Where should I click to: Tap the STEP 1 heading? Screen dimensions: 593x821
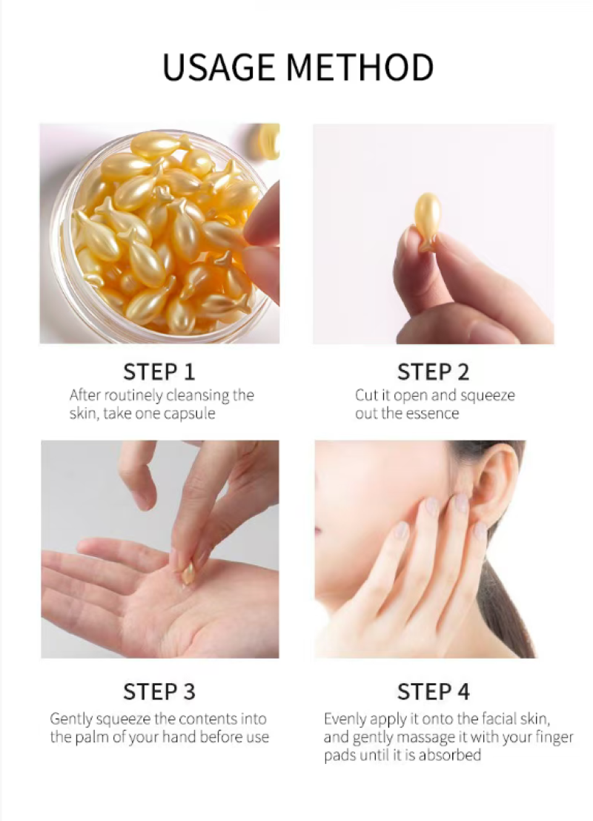(159, 372)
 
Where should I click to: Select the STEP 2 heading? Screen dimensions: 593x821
(434, 372)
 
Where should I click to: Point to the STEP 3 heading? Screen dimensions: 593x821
(159, 692)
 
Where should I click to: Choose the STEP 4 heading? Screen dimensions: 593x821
(434, 692)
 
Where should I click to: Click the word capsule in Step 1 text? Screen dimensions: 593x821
(190, 414)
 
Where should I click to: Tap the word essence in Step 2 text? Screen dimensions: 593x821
(432, 414)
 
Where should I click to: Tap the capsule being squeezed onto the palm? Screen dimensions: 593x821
(188, 573)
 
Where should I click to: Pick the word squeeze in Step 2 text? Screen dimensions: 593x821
(488, 396)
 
